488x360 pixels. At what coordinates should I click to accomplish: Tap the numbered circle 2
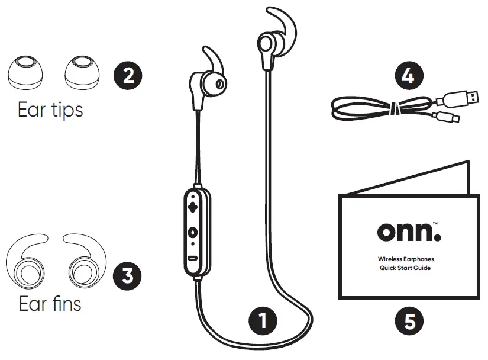(x=128, y=75)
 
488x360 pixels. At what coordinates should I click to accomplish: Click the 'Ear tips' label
(x=50, y=110)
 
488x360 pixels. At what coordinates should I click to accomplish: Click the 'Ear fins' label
(x=50, y=304)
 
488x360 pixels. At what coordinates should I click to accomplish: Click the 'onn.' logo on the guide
(x=409, y=230)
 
